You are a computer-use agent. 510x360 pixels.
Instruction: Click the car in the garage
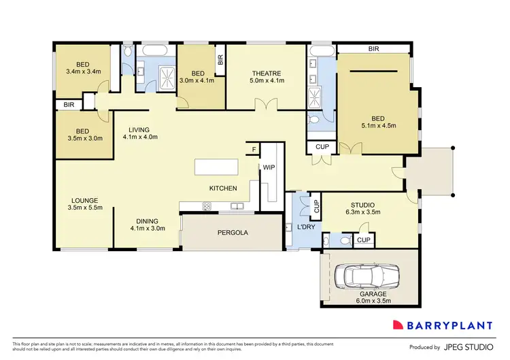[x=368, y=276]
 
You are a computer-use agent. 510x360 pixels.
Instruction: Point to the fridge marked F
[x=254, y=149]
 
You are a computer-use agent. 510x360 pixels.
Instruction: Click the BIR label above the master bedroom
[x=373, y=50]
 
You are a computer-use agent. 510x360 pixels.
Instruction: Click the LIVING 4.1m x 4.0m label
[x=141, y=133]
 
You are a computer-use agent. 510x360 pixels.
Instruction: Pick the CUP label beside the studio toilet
[x=363, y=240]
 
